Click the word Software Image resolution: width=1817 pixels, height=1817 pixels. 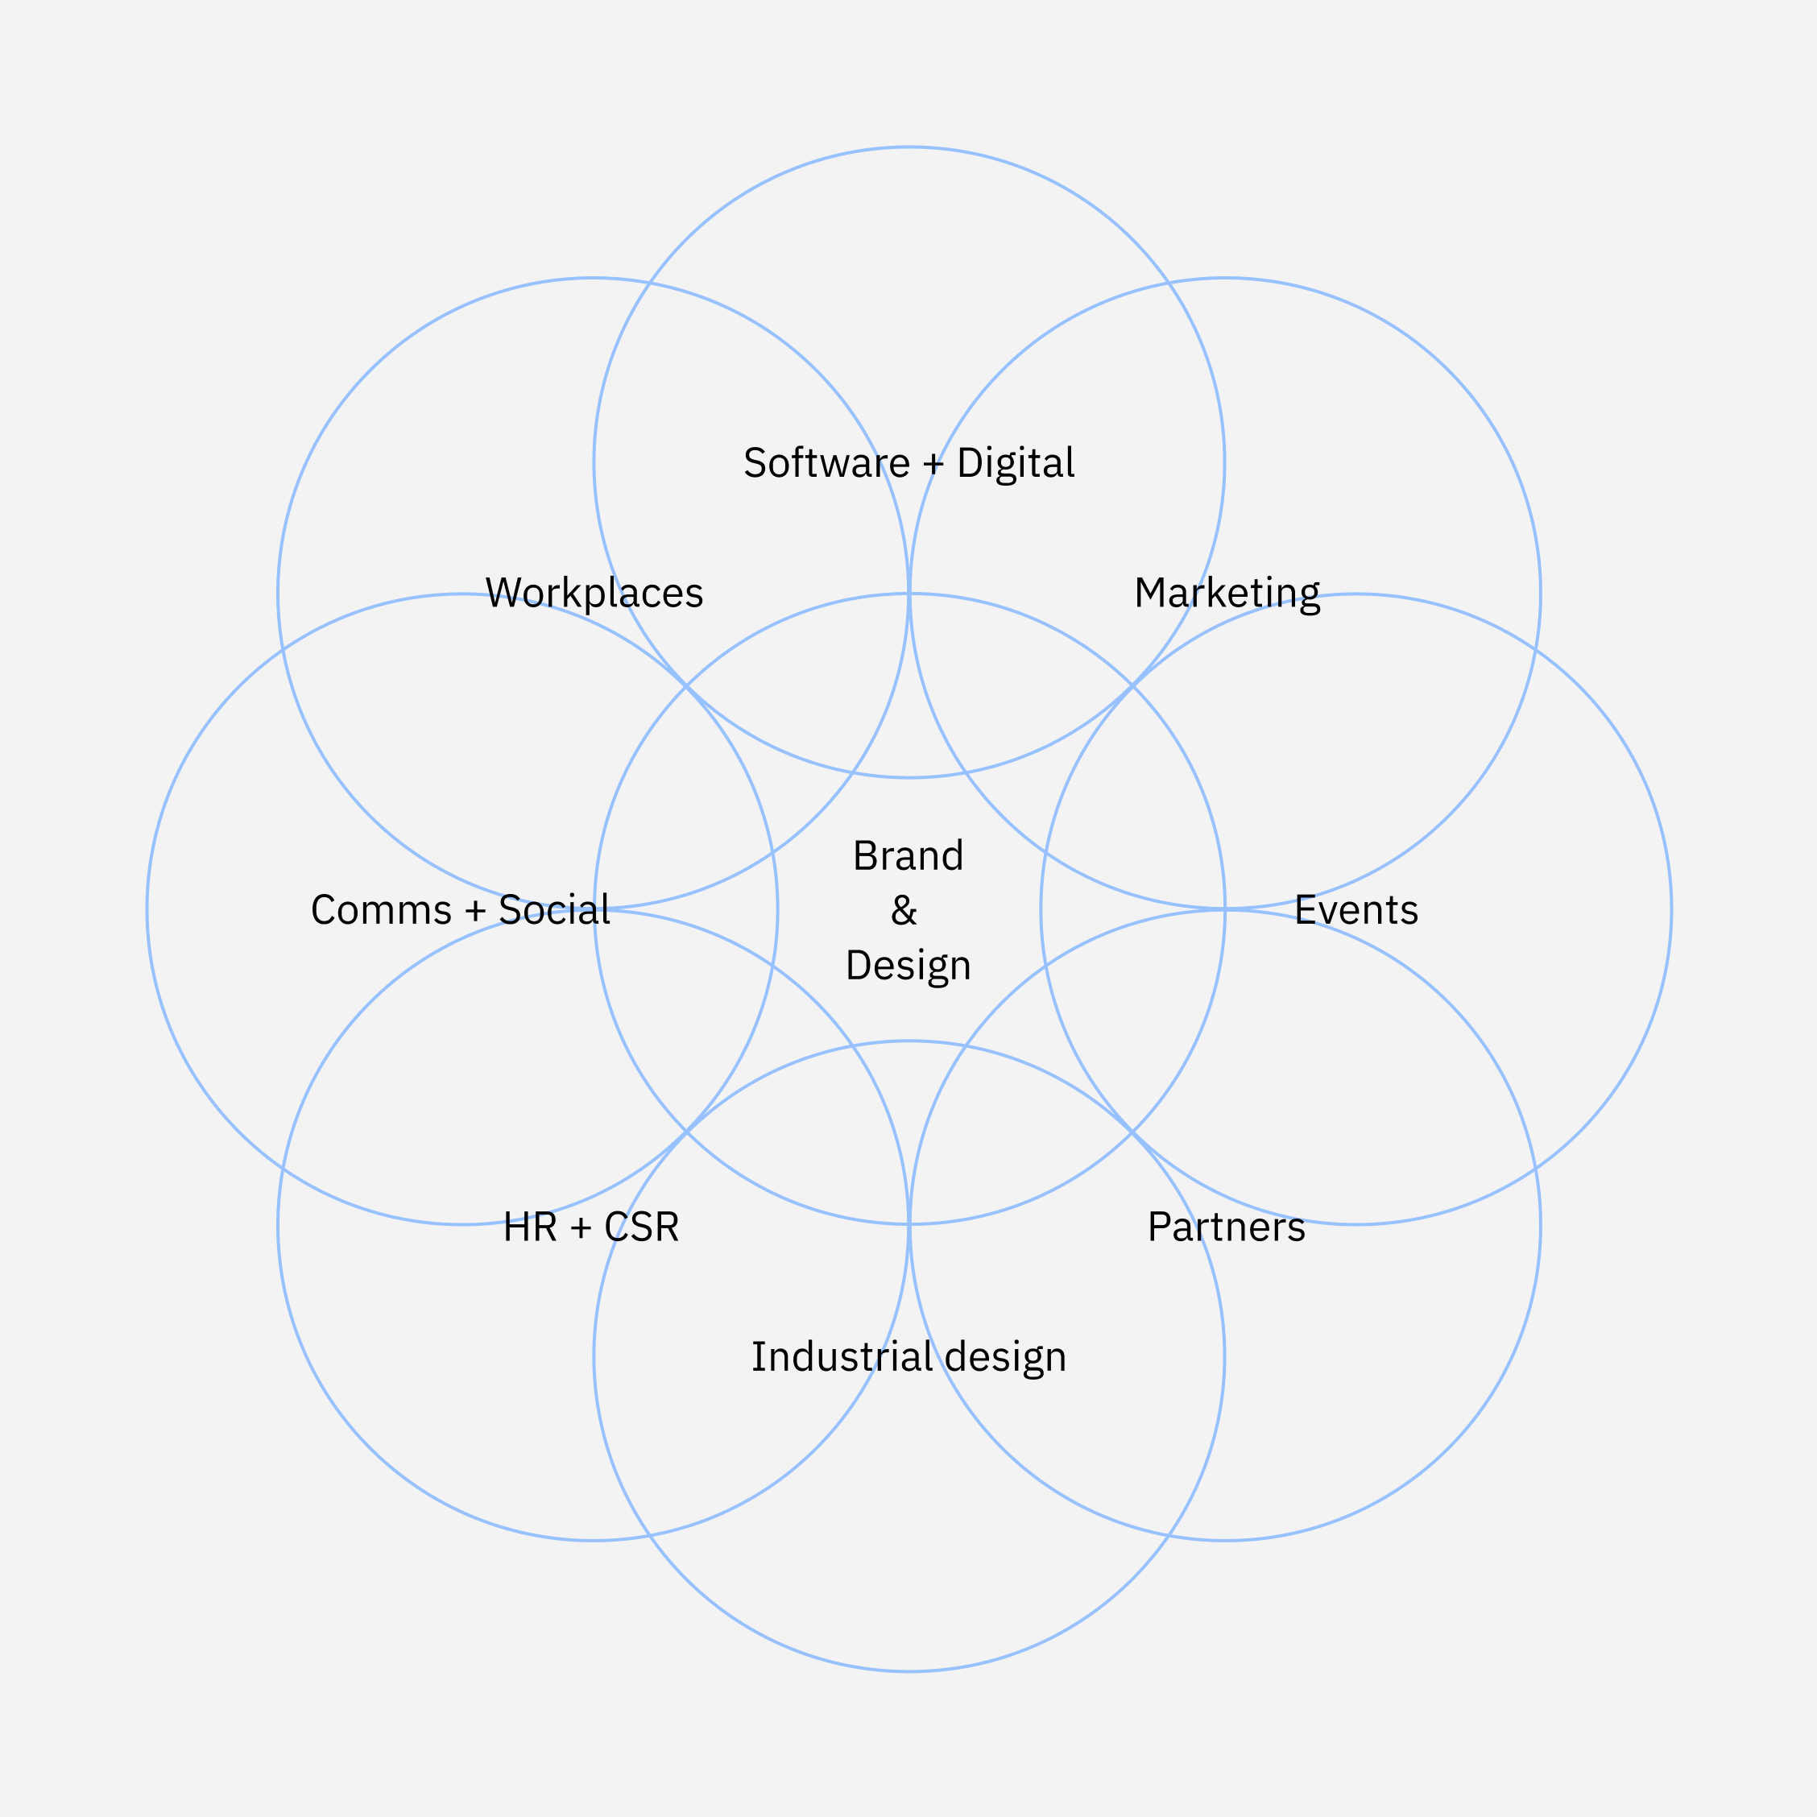(826, 463)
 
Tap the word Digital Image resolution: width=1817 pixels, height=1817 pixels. (1015, 463)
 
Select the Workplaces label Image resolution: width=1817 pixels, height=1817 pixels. (594, 594)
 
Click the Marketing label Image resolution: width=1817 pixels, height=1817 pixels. (1227, 594)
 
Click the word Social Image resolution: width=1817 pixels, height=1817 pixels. (553, 910)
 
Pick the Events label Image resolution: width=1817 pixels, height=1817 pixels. (1356, 910)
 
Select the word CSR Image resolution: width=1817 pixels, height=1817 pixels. (641, 1227)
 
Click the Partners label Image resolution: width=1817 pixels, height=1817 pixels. (1227, 1227)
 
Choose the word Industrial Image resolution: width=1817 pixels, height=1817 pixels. (842, 1357)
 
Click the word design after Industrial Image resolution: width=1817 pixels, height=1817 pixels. (1005, 1357)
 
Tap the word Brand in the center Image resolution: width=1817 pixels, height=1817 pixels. (908, 856)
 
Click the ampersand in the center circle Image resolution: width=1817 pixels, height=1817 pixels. (904, 910)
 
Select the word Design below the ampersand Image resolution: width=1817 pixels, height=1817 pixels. (908, 966)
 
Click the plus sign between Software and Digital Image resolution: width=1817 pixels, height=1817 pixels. (933, 464)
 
